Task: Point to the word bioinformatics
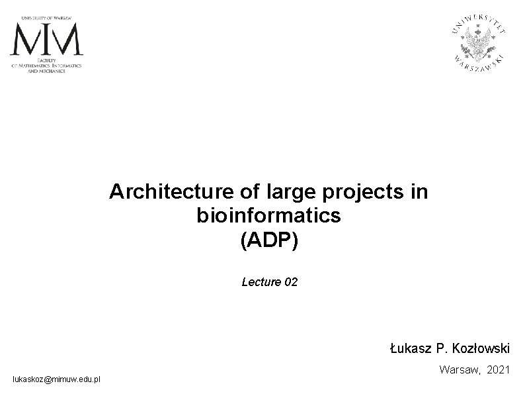(268, 215)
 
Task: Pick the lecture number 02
(290, 282)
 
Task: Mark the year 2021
(498, 371)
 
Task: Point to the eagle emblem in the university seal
(480, 42)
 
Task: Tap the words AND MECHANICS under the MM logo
(46, 71)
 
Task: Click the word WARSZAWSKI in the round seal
(480, 64)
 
